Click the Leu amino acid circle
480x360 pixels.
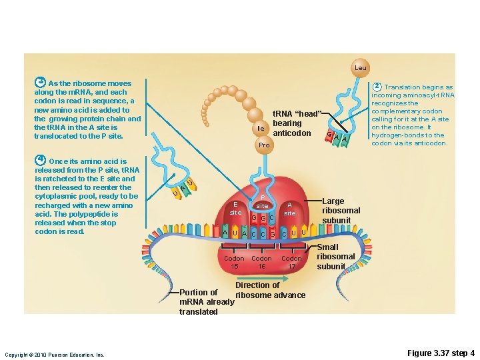point(360,68)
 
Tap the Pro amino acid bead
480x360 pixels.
point(264,145)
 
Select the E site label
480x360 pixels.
point(235,208)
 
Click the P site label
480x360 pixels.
point(263,202)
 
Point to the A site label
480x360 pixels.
point(289,209)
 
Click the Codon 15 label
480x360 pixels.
point(234,262)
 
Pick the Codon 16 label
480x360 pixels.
point(261,262)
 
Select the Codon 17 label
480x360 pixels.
point(291,262)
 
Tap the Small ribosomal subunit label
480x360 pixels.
point(335,257)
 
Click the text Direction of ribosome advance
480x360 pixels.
point(270,290)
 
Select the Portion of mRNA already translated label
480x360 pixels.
point(207,302)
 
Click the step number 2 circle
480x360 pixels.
point(377,87)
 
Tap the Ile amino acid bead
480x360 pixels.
point(261,128)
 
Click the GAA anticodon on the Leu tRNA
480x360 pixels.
point(336,138)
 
